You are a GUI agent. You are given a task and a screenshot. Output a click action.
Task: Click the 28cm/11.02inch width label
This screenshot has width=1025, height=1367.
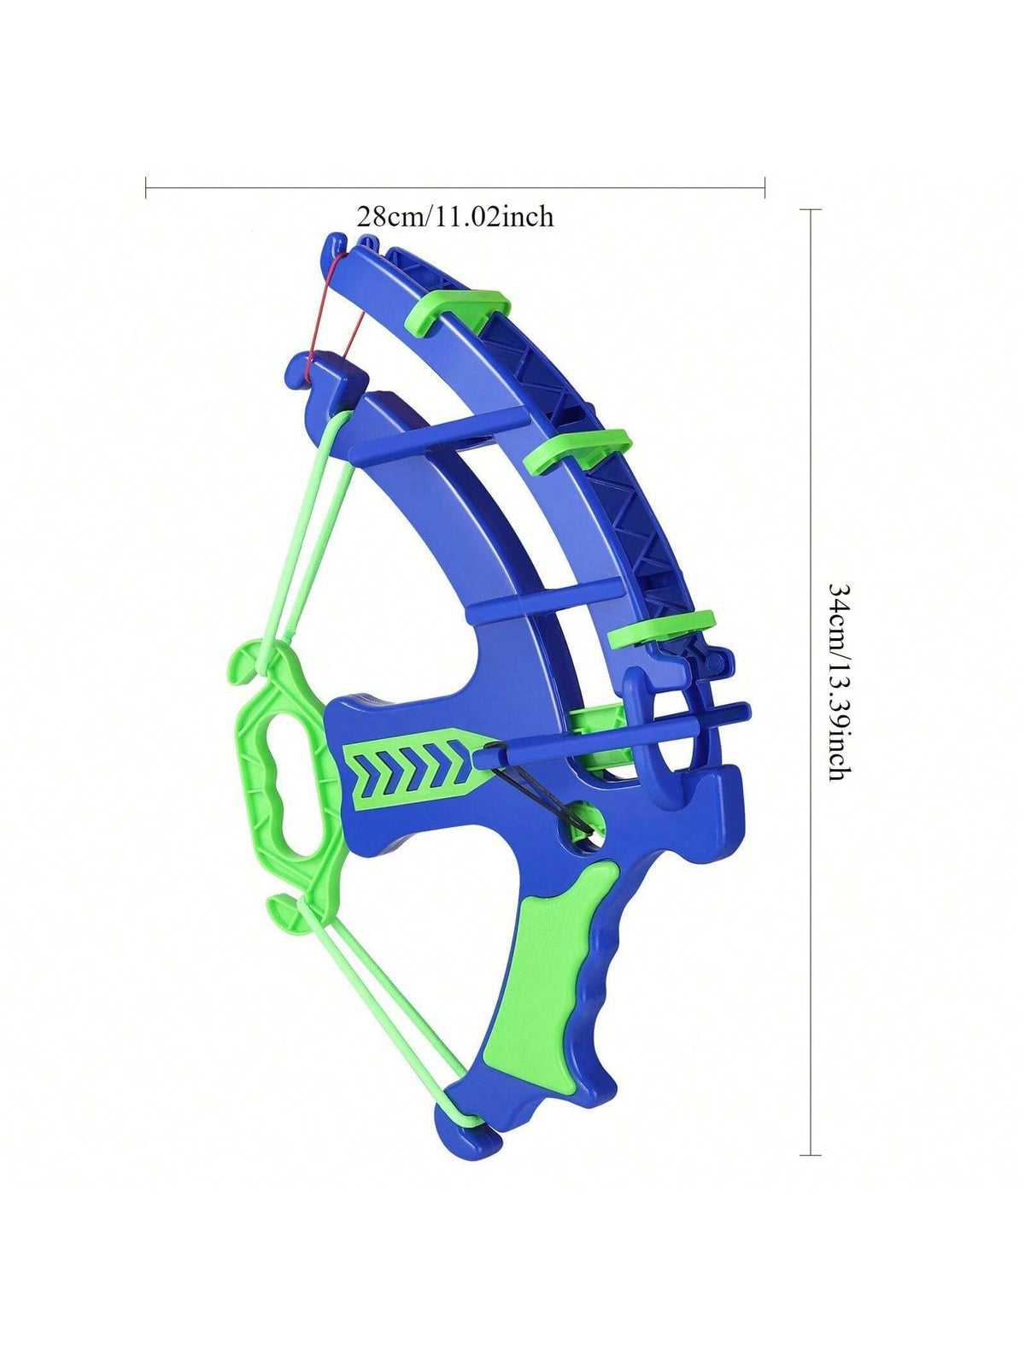click(x=455, y=217)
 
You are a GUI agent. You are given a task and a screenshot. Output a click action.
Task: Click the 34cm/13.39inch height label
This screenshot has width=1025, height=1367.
click(x=839, y=681)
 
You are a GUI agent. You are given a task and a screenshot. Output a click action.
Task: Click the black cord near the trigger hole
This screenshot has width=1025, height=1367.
click(x=540, y=789)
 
